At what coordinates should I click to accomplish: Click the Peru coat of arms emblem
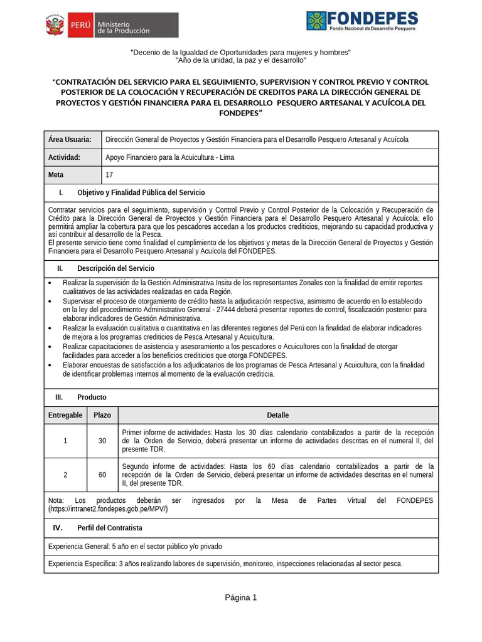[x=55, y=26]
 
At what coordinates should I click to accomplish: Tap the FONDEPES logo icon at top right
[x=316, y=21]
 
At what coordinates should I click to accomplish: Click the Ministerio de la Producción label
[x=123, y=26]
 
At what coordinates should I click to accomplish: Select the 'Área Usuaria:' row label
[x=70, y=139]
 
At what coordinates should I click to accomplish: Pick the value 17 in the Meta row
[x=110, y=175]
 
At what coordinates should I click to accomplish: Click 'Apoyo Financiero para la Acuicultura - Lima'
[x=169, y=157]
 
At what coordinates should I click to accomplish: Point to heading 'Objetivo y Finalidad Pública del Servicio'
[x=141, y=192]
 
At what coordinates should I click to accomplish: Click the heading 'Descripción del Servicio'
[x=115, y=268]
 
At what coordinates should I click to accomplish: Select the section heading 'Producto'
[x=92, y=397]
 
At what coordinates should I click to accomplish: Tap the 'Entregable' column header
[x=65, y=415]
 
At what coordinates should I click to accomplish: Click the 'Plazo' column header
[x=102, y=415]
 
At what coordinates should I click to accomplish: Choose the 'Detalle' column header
[x=278, y=415]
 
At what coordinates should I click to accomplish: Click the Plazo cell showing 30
[x=102, y=441]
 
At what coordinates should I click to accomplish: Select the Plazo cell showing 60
[x=102, y=475]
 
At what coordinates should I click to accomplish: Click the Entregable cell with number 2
[x=65, y=475]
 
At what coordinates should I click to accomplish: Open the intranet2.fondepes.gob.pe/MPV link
[x=108, y=509]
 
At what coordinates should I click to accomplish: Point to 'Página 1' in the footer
[x=241, y=597]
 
